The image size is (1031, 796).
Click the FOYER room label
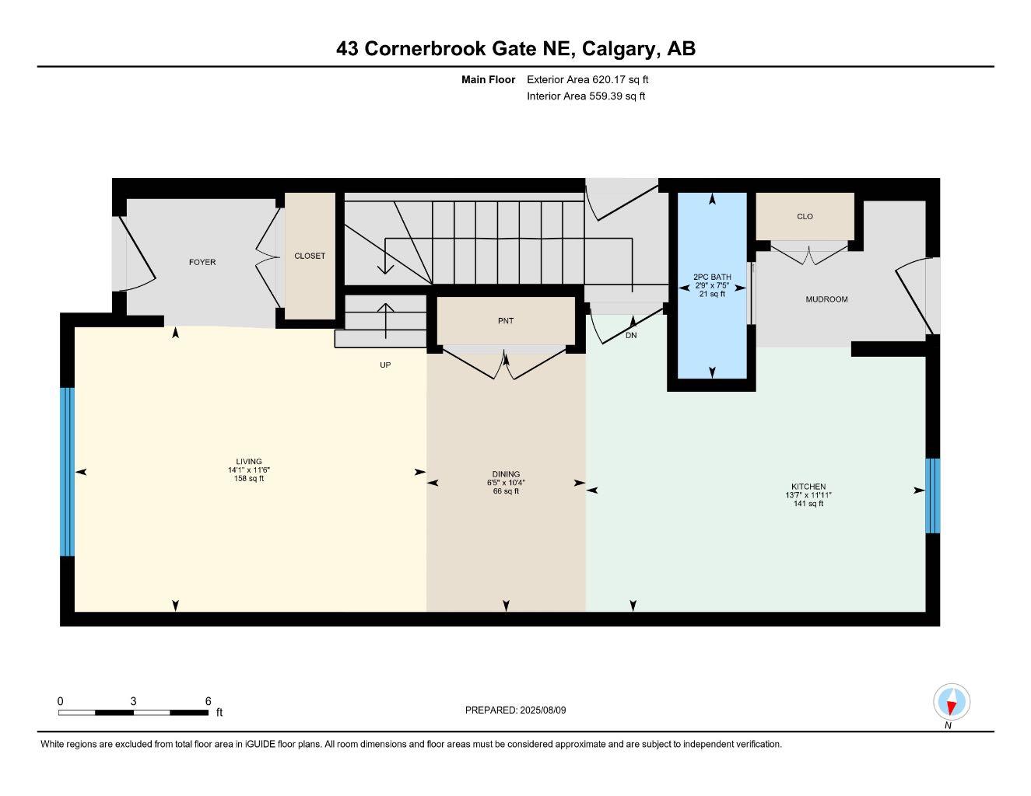coord(202,263)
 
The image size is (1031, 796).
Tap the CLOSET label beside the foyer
coord(310,257)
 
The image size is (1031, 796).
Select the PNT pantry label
coord(506,321)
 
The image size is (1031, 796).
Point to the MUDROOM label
coord(826,299)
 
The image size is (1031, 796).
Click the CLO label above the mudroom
coord(805,217)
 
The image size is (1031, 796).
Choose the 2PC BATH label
coord(712,277)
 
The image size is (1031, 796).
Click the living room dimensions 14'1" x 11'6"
coord(249,470)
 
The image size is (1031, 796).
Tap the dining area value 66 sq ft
coord(506,491)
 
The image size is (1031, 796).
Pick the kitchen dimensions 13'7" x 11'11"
coord(808,495)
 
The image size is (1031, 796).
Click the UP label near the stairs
coord(385,365)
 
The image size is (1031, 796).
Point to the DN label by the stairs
coord(631,336)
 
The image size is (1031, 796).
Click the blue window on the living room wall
coord(68,472)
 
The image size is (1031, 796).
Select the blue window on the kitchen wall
coord(932,496)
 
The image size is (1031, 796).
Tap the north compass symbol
coord(951,703)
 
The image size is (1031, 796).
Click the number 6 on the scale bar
coord(208,701)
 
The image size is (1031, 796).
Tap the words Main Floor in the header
coord(488,79)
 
